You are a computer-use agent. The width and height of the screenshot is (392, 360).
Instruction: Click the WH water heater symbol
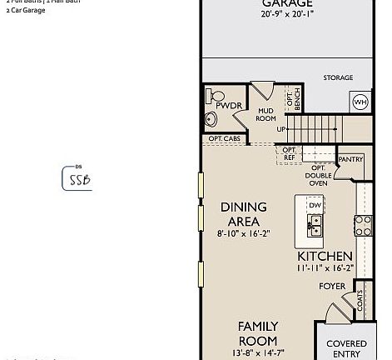(x=360, y=102)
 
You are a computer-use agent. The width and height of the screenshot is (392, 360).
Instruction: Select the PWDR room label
(x=228, y=107)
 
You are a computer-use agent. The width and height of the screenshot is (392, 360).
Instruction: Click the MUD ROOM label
(x=265, y=113)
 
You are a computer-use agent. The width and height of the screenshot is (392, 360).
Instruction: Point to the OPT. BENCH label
(x=291, y=99)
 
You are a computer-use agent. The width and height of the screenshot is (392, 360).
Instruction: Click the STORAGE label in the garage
(x=338, y=77)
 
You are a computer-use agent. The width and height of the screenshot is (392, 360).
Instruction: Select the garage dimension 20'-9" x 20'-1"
(x=276, y=14)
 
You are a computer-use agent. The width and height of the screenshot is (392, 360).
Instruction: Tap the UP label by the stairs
(x=282, y=129)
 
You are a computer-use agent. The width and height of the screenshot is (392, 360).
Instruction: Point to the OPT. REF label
(x=289, y=153)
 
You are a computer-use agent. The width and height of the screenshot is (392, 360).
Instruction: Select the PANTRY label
(x=350, y=159)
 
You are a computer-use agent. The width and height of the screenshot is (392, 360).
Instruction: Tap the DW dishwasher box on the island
(x=315, y=205)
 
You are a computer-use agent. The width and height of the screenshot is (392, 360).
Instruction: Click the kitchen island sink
(x=315, y=224)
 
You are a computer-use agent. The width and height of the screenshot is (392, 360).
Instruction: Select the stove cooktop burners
(x=363, y=224)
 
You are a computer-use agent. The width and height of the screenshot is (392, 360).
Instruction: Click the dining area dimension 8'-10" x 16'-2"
(x=244, y=235)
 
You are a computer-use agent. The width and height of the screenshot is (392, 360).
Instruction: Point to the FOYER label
(x=332, y=286)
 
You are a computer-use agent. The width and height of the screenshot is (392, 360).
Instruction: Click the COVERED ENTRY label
(x=346, y=348)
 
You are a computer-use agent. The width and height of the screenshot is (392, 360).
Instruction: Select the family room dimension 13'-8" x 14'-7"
(x=257, y=354)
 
